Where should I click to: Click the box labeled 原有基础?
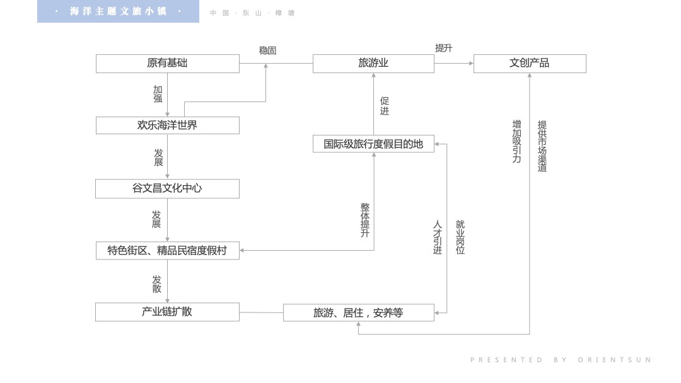point(167,64)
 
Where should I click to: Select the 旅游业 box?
point(373,64)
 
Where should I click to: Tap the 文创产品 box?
point(530,64)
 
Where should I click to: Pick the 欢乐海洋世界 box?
point(167,125)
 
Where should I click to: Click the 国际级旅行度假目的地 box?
point(373,144)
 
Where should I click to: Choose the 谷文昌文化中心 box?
point(167,188)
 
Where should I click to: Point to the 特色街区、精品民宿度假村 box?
point(167,251)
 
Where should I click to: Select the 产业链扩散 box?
point(167,312)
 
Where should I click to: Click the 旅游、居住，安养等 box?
point(358,312)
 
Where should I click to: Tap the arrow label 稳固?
point(267,50)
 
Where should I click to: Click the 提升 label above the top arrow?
point(443,48)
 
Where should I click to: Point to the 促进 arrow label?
point(385,106)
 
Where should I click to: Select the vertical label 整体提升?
point(365,220)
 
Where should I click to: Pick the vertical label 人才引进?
point(438,237)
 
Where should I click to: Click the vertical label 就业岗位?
point(460,237)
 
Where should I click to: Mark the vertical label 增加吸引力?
point(517,142)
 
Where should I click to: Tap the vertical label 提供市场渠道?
point(542,146)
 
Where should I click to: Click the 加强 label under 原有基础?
point(158,94)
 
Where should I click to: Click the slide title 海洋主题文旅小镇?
point(118,12)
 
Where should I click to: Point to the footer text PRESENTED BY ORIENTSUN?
point(561,360)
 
